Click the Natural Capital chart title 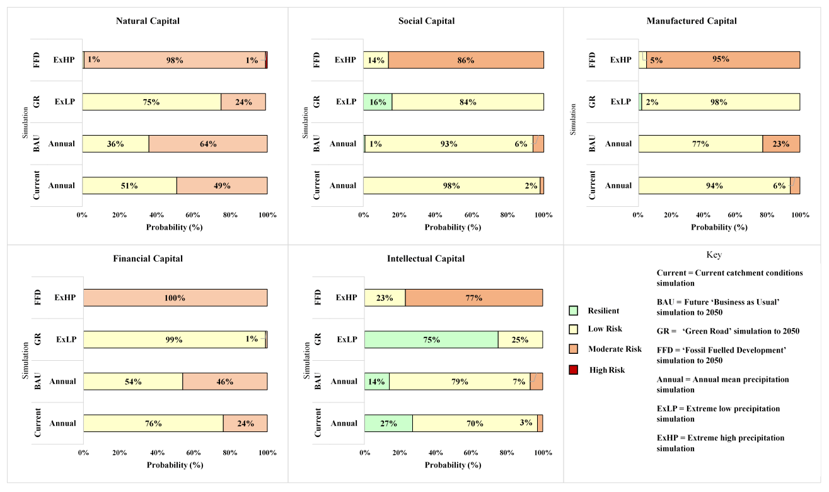click(x=148, y=21)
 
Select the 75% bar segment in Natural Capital click(x=151, y=102)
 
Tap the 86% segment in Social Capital click(x=466, y=60)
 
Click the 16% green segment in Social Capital click(x=377, y=102)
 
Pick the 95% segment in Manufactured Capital click(x=723, y=59)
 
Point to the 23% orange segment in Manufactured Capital click(x=781, y=144)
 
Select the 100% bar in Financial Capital click(x=175, y=298)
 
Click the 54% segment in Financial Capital click(x=133, y=382)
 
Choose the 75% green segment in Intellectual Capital click(x=431, y=339)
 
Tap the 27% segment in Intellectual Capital click(x=388, y=423)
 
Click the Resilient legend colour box click(x=574, y=310)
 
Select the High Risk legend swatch click(x=574, y=370)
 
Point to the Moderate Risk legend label click(x=615, y=349)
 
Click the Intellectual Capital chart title click(x=426, y=259)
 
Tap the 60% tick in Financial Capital click(x=194, y=452)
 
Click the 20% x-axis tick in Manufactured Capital click(x=671, y=214)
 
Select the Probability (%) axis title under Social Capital click(x=453, y=227)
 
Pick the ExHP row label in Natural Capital click(x=64, y=60)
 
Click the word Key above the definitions click(x=714, y=255)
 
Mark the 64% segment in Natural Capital click(x=208, y=144)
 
